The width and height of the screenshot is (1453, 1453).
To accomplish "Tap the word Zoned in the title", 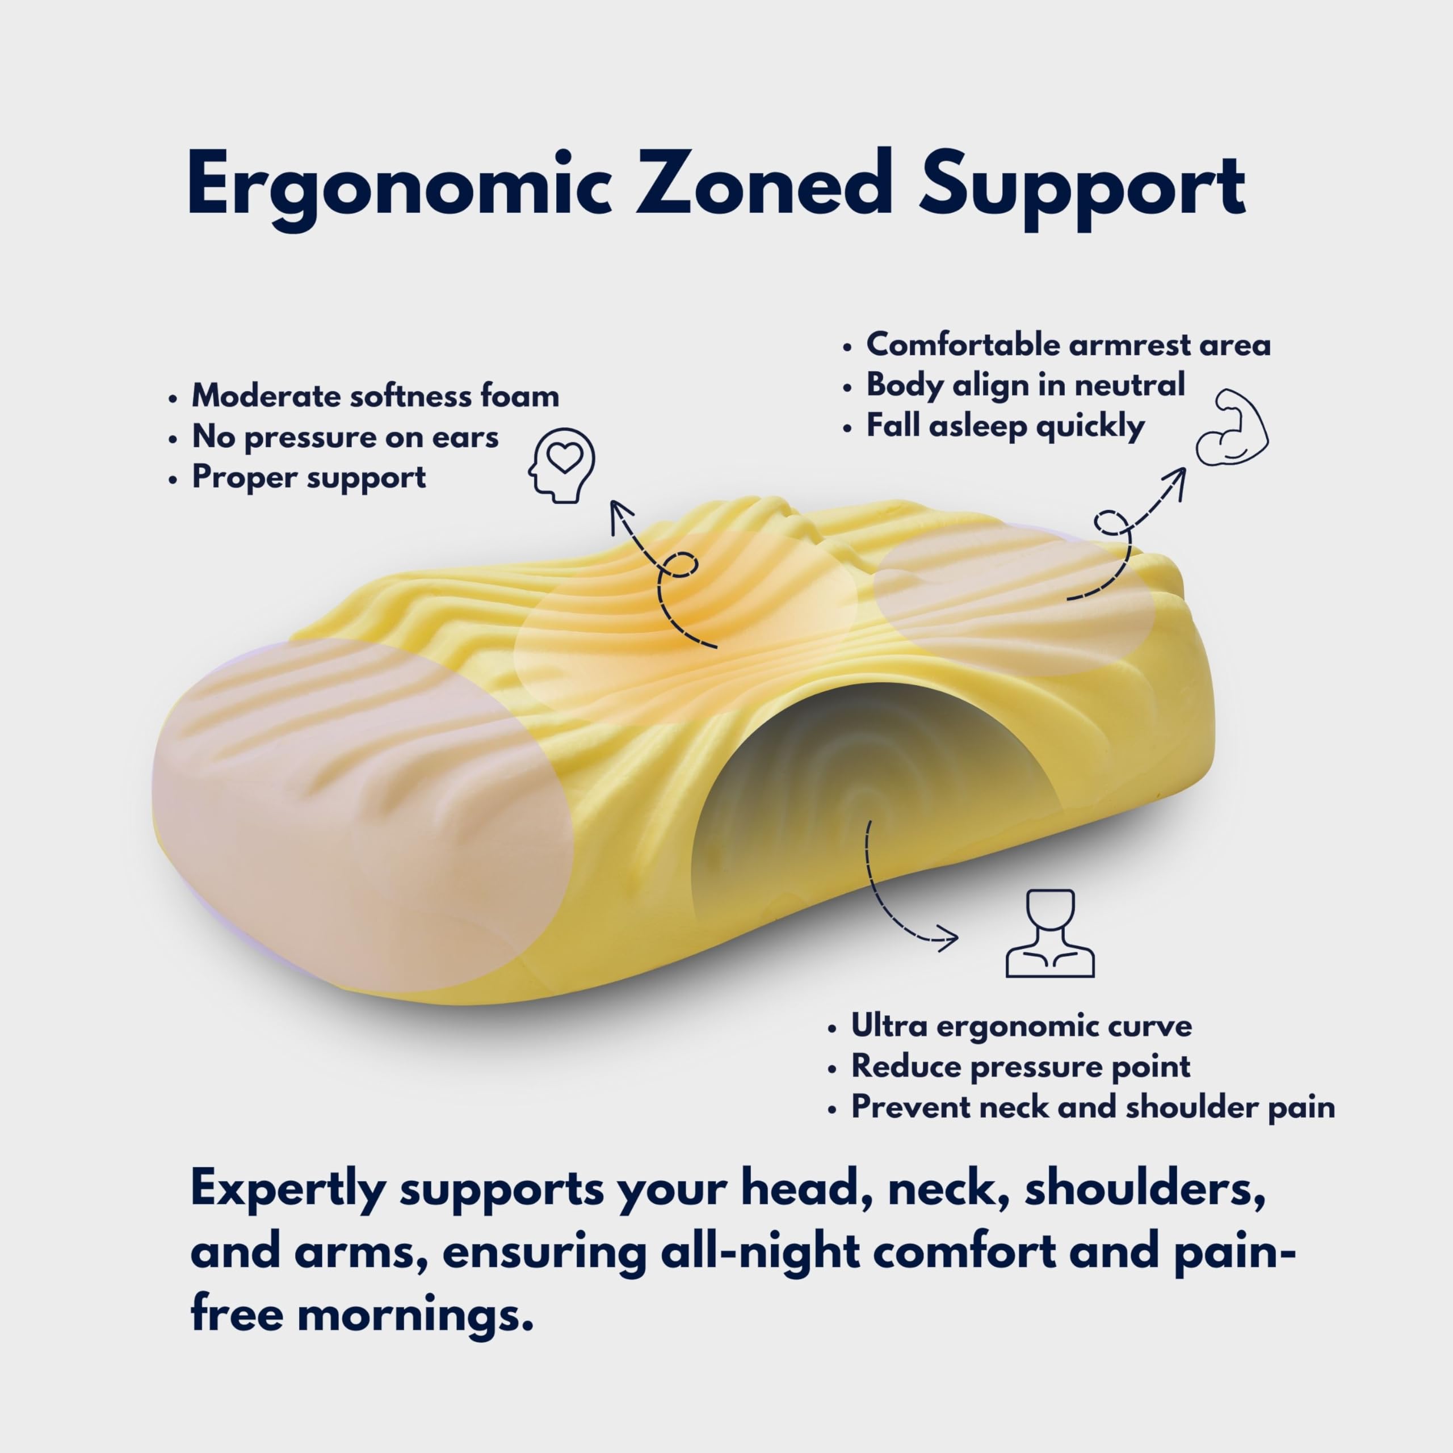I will (x=764, y=184).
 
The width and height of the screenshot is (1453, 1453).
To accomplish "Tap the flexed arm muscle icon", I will (x=1231, y=428).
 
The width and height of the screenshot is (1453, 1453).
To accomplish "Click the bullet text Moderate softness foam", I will (x=375, y=396).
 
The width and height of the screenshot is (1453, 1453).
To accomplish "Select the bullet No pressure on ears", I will (x=345, y=437).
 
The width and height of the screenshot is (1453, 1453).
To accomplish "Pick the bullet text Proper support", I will (x=308, y=477).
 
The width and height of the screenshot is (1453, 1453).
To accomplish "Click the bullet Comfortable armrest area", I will (x=1068, y=345).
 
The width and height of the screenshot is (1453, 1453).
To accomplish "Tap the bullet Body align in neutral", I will (x=1025, y=385).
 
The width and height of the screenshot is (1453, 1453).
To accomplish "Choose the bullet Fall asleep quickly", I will (x=1005, y=426).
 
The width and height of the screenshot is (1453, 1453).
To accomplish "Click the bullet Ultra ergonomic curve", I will (x=1021, y=1026).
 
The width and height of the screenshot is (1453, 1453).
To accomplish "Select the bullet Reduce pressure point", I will (x=1020, y=1066).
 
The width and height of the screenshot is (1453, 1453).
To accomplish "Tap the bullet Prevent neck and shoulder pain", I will (x=1092, y=1107).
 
